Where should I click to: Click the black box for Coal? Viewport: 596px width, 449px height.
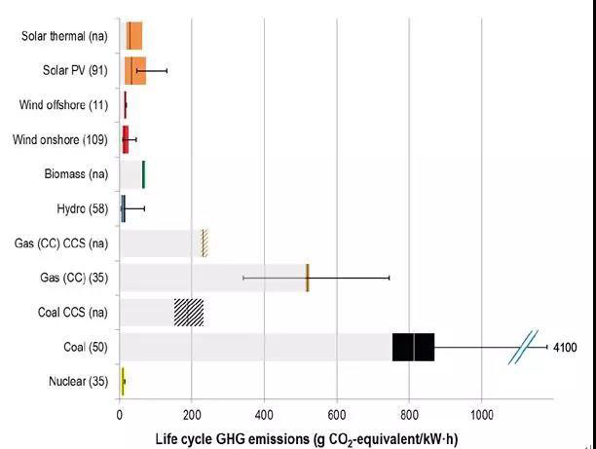[x=413, y=347]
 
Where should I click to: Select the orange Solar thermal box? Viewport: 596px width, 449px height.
[x=132, y=36]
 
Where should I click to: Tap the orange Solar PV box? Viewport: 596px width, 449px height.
[x=134, y=71]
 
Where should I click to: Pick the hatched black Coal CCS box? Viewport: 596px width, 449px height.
[x=189, y=312]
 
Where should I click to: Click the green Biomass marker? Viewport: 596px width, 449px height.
[x=143, y=174]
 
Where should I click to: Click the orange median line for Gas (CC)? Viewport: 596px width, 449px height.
[x=308, y=278]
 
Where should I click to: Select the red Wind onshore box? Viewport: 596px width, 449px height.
[x=125, y=139]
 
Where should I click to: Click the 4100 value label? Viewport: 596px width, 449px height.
[x=565, y=347]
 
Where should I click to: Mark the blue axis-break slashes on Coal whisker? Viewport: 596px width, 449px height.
[x=523, y=348]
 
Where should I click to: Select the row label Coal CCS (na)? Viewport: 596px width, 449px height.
[x=66, y=312]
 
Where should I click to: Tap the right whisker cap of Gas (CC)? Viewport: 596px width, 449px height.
[x=390, y=278]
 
